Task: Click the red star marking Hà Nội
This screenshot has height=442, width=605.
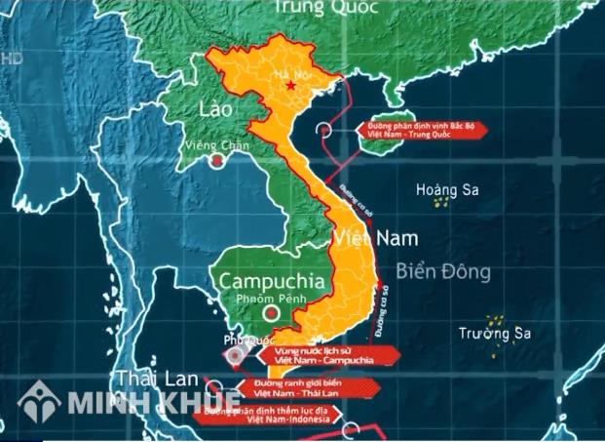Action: click(x=290, y=87)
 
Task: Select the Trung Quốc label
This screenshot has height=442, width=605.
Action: click(x=312, y=8)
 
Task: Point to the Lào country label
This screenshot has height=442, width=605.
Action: click(x=215, y=108)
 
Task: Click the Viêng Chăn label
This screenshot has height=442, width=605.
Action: click(x=216, y=146)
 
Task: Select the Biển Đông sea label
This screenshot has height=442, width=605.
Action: click(x=444, y=272)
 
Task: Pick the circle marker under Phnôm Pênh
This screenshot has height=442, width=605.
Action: click(x=272, y=314)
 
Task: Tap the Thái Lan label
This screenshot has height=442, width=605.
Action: click(x=157, y=378)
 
